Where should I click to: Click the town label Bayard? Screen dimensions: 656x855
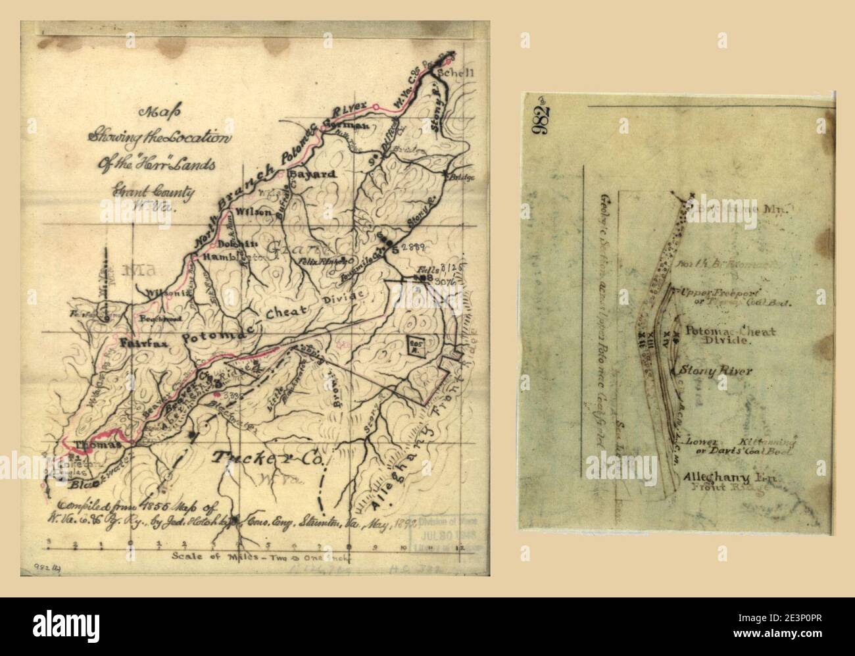point(312,174)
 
